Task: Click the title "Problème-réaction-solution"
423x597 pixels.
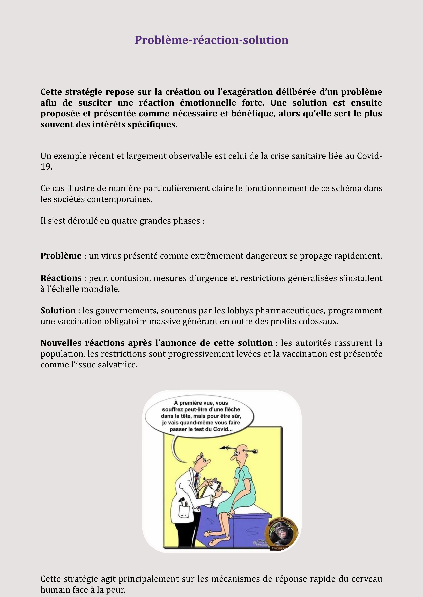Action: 211,40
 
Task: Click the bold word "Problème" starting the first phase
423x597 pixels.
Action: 61,256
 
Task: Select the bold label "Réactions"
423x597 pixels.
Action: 61,278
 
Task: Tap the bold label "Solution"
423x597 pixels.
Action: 58,310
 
